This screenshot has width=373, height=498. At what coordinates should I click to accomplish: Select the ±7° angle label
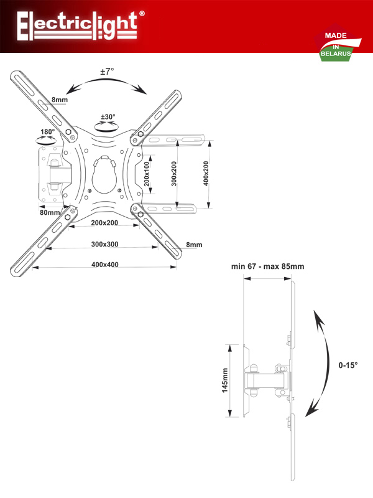pos(107,72)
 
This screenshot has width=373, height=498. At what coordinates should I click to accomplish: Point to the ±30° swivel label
pos(108,116)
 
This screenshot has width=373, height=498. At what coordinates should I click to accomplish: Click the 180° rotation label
pos(48,131)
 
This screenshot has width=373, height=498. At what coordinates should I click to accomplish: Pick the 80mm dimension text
pos(50,212)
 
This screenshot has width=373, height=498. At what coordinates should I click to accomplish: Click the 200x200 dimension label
pos(104,223)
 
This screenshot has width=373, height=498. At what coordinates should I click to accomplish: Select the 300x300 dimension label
pos(104,244)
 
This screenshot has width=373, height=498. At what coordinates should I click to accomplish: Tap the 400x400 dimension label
pos(105,265)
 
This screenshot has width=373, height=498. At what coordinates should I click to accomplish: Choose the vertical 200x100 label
pos(146,174)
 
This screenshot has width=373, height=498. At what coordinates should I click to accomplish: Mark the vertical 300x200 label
pos(174,174)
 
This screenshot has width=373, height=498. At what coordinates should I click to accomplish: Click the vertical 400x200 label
pos(206,174)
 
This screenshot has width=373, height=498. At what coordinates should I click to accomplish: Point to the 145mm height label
pos(225,380)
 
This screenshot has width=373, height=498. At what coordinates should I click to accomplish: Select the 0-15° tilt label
pos(348,365)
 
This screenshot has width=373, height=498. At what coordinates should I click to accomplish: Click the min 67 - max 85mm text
pos(268,266)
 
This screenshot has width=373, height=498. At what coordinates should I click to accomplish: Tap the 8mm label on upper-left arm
pos(60,100)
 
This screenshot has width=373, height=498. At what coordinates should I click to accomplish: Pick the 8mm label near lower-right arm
pos(194,245)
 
